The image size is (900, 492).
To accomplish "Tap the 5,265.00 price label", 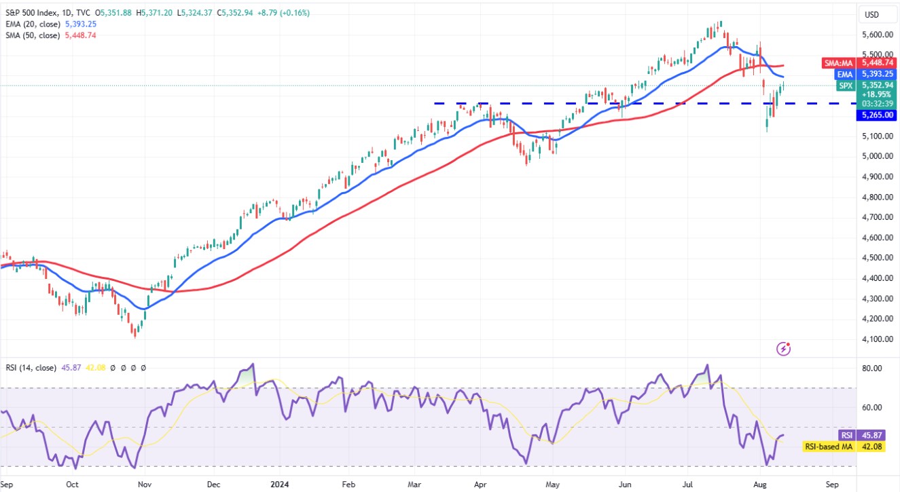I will [878, 115].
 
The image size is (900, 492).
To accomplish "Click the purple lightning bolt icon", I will [784, 349].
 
